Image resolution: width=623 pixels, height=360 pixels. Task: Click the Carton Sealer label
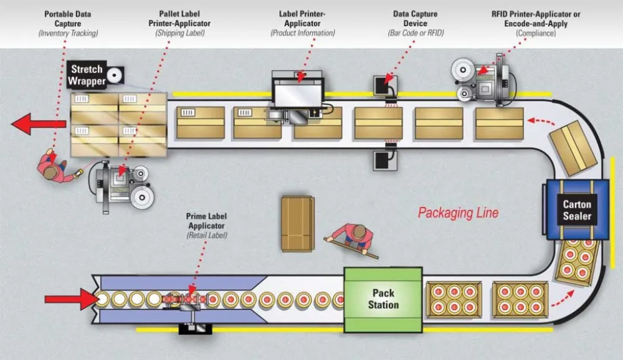577,211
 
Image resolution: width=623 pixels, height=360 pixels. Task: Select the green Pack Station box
383,299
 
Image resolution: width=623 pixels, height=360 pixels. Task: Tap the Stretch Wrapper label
87,75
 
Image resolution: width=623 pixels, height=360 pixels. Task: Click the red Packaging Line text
458,213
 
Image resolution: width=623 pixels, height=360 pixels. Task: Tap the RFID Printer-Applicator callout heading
526,19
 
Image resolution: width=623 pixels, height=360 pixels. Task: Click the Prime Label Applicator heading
206,220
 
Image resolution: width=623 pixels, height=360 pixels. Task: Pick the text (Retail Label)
206,236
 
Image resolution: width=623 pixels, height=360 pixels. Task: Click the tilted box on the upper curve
572,148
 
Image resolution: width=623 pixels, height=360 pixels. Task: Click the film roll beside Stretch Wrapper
114,75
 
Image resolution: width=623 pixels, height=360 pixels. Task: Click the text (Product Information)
303,33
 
